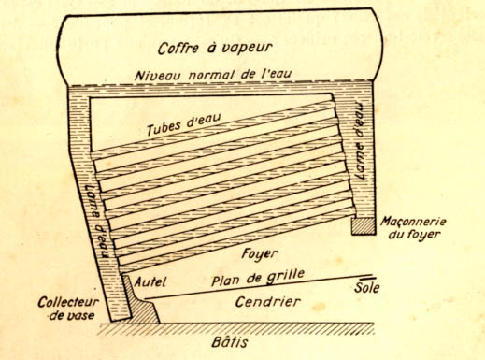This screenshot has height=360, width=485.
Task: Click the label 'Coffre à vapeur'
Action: (215, 48)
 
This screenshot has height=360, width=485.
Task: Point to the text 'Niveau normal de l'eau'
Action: (213, 75)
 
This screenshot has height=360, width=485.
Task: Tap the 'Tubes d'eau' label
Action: (184, 124)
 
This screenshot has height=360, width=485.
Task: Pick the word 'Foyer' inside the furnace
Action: (260, 254)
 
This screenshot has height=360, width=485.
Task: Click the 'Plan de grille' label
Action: (258, 278)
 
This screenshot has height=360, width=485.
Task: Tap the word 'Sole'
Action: (367, 287)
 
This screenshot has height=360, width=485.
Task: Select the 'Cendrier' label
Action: (268, 302)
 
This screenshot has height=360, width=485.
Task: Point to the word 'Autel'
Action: (150, 282)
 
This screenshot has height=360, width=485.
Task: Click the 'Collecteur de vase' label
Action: (68, 309)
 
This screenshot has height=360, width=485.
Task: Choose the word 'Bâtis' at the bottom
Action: (230, 342)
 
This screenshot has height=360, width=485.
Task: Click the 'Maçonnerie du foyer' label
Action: (413, 227)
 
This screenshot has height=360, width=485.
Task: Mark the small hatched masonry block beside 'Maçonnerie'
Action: (364, 226)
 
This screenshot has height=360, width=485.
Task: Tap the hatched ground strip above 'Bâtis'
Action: (236, 329)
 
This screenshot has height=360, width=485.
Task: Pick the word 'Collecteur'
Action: (68, 302)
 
